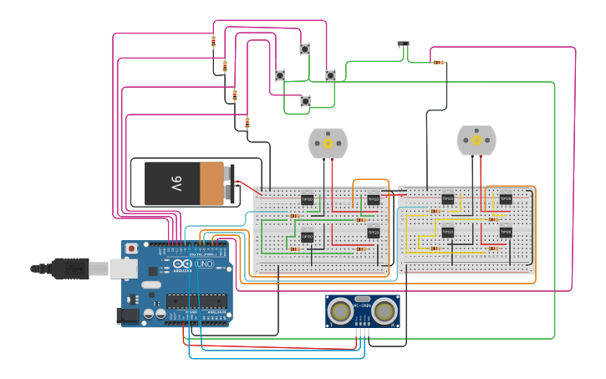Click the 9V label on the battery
(x=176, y=183)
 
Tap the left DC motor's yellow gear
(x=328, y=143)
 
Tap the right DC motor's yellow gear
(x=476, y=141)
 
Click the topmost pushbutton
(x=305, y=49)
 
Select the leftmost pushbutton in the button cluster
(x=280, y=75)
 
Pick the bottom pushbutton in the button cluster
(x=305, y=101)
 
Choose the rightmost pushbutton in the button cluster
(x=330, y=75)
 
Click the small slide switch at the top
(x=404, y=44)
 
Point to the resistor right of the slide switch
(x=439, y=62)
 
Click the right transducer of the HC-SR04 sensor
(x=384, y=310)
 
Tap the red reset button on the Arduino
(x=132, y=248)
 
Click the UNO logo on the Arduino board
(x=204, y=264)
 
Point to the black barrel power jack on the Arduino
(x=129, y=315)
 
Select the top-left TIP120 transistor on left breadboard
(x=307, y=199)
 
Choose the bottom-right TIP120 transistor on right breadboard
(x=505, y=232)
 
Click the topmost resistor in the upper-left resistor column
(x=213, y=41)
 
